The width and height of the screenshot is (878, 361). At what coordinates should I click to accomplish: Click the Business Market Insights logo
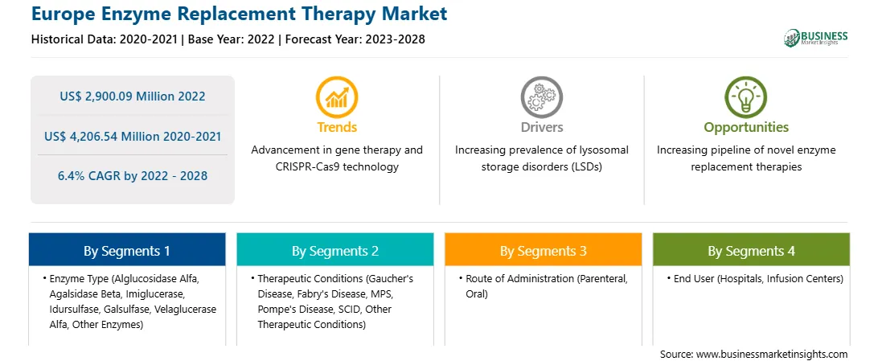[815, 38]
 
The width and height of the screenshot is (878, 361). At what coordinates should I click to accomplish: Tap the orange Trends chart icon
[337, 96]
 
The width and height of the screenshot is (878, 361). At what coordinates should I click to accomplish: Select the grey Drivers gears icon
[541, 96]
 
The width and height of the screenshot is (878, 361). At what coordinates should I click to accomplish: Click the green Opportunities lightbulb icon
[746, 96]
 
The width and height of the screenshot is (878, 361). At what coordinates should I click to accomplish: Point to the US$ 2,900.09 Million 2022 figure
[132, 96]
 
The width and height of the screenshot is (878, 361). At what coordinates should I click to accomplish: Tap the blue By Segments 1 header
[127, 250]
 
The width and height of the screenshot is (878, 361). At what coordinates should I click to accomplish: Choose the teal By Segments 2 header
[334, 250]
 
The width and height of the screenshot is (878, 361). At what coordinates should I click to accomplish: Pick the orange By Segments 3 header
[544, 250]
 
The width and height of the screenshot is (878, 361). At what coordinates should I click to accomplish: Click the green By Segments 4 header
[752, 250]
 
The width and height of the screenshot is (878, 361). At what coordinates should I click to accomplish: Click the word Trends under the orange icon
[337, 128]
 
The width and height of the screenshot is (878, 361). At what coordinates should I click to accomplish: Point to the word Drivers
[542, 128]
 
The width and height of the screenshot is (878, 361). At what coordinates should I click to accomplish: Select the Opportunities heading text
[746, 128]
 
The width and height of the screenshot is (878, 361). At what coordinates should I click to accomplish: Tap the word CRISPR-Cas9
[306, 166]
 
